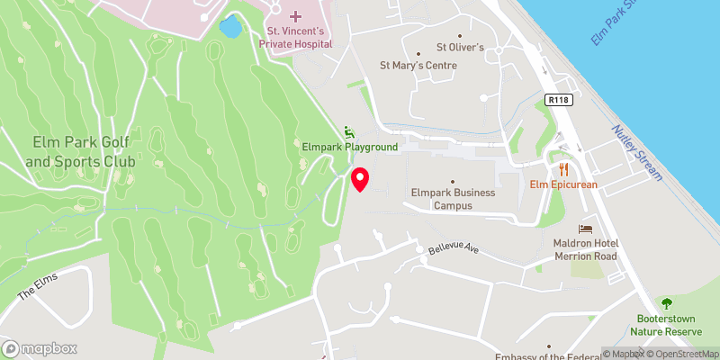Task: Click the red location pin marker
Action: (360, 179)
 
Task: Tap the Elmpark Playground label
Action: (349, 147)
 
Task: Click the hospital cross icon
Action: (295, 17)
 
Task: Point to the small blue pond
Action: (230, 27)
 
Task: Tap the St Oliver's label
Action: (461, 47)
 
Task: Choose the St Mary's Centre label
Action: (418, 66)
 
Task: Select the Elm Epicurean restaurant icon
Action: (564, 168)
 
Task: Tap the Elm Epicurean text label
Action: (564, 184)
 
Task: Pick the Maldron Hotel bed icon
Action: (586, 229)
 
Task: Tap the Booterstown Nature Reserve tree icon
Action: (668, 303)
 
